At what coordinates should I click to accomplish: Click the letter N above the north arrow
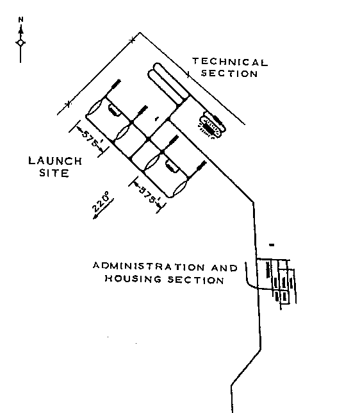pyautogui.click(x=20, y=19)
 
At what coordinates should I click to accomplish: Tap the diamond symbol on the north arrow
pyautogui.click(x=20, y=43)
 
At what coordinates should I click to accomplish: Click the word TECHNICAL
pyautogui.click(x=230, y=62)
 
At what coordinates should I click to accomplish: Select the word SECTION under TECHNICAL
pyautogui.click(x=229, y=74)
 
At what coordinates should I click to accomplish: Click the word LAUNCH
pyautogui.click(x=55, y=161)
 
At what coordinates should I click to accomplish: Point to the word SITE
pyautogui.click(x=54, y=173)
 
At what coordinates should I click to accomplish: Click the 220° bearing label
pyautogui.click(x=101, y=202)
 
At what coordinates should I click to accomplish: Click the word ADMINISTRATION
pyautogui.click(x=149, y=266)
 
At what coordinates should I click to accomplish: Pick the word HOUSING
pyautogui.click(x=133, y=279)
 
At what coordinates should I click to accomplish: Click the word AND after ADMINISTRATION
pyautogui.click(x=224, y=268)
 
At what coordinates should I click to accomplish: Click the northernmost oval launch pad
pyautogui.click(x=95, y=108)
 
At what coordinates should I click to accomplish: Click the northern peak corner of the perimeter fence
pyautogui.click(x=140, y=33)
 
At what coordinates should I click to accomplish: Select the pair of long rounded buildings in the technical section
pyautogui.click(x=168, y=84)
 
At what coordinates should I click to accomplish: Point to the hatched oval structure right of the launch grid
pyautogui.click(x=211, y=126)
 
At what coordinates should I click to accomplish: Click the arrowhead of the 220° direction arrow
pyautogui.click(x=95, y=217)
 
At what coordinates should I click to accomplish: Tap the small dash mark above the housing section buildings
pyautogui.click(x=272, y=245)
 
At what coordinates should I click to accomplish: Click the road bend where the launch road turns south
pyautogui.click(x=253, y=202)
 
